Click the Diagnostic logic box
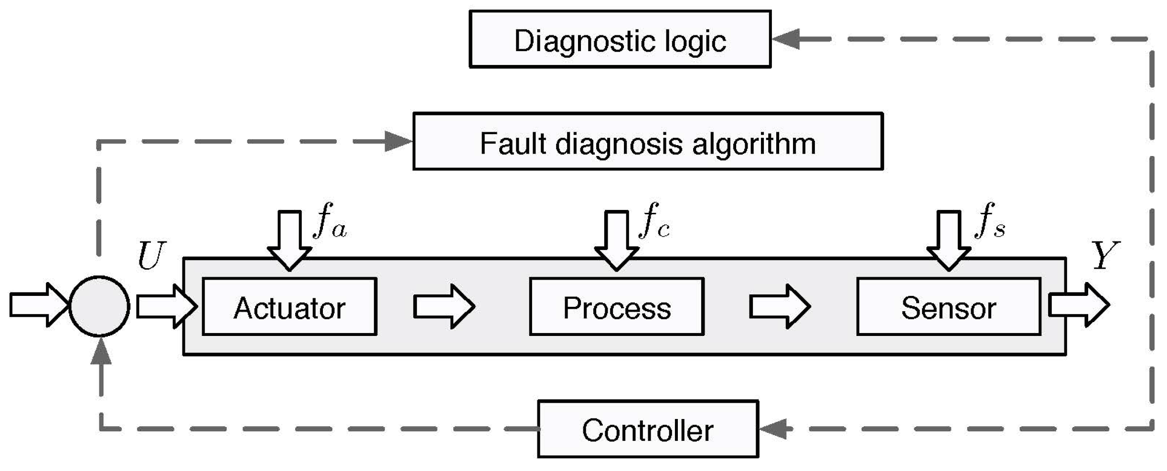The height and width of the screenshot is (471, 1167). coord(620,39)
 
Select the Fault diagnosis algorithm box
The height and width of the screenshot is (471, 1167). coord(647,142)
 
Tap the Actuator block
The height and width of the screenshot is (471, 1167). coord(289,307)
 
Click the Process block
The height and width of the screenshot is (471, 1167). coord(616,307)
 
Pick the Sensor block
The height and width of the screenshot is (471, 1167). coord(948,307)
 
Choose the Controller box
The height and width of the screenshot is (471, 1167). coord(647,429)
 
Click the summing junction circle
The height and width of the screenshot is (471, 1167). coord(99,306)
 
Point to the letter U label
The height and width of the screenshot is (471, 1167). coord(151,256)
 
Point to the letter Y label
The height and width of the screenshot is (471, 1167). coord(1105,255)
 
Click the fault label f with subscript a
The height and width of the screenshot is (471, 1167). coord(329,221)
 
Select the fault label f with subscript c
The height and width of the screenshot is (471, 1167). coord(654,221)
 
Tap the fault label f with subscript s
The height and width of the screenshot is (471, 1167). coord(990,221)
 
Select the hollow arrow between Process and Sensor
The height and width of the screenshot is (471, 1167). coord(780,306)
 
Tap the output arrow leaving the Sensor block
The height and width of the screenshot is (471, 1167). coord(1079,305)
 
